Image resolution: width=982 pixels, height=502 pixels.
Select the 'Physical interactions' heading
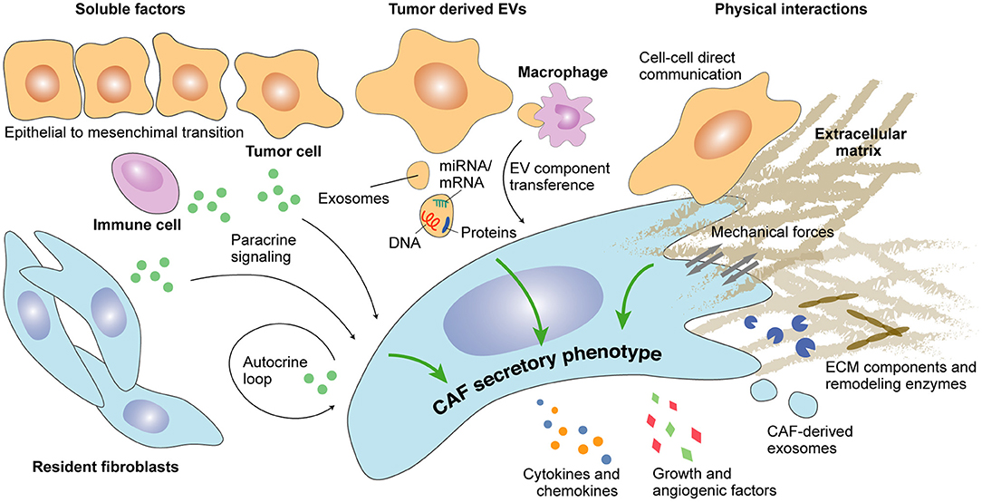coord(803,11)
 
